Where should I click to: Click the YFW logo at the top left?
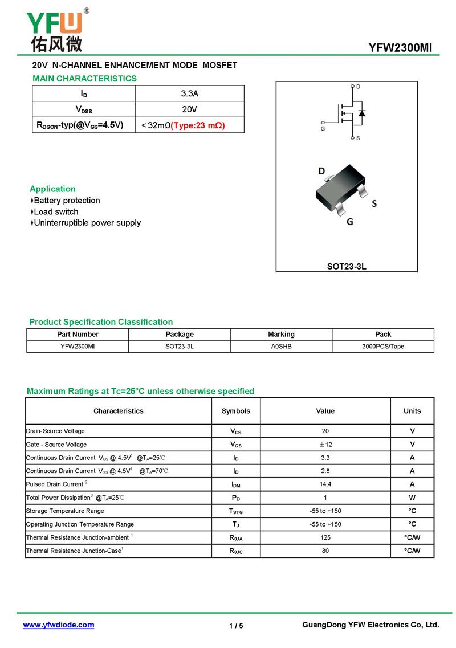[x=55, y=30]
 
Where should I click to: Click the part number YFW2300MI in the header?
[x=400, y=48]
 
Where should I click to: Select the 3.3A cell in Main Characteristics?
[x=189, y=93]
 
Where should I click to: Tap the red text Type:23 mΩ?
[x=198, y=125]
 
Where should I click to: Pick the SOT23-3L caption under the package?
[x=347, y=266]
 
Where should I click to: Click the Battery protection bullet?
[x=67, y=201]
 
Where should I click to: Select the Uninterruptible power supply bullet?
[x=87, y=223]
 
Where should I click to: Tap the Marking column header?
[x=281, y=335]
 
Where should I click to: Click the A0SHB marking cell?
[x=281, y=347]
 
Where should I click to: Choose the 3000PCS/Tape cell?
[x=383, y=347]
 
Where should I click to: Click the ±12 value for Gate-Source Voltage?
[x=325, y=445]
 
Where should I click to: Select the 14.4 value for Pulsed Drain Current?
[x=325, y=484]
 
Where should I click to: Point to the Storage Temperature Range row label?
[x=65, y=511]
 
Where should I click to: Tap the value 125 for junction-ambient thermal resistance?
[x=325, y=537]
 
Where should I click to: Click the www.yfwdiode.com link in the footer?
[x=58, y=625]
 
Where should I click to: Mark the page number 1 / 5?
[x=236, y=626]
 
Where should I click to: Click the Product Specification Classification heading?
[x=101, y=322]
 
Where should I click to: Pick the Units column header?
[x=412, y=411]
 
